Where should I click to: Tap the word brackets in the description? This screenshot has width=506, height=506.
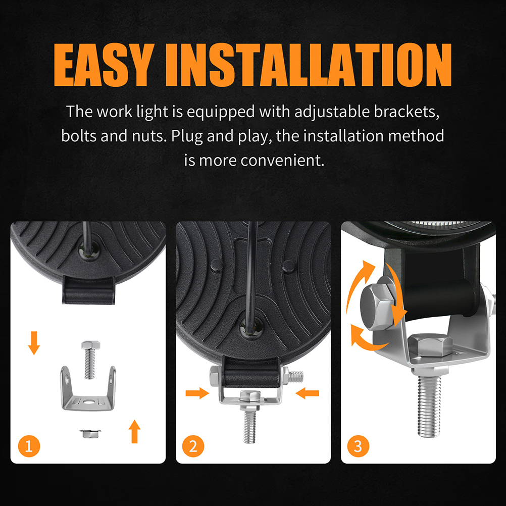407,112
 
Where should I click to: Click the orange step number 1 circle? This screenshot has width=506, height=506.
29,446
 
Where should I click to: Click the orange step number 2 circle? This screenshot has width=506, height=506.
193,446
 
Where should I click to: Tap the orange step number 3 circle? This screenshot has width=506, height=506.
358,446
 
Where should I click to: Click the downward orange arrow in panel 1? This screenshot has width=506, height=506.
34,343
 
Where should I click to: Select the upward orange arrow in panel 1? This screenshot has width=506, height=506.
134,431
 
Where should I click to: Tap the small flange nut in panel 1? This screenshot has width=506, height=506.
90,433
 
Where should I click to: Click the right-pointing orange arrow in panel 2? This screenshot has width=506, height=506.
197,393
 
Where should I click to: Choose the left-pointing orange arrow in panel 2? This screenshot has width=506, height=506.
307,393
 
